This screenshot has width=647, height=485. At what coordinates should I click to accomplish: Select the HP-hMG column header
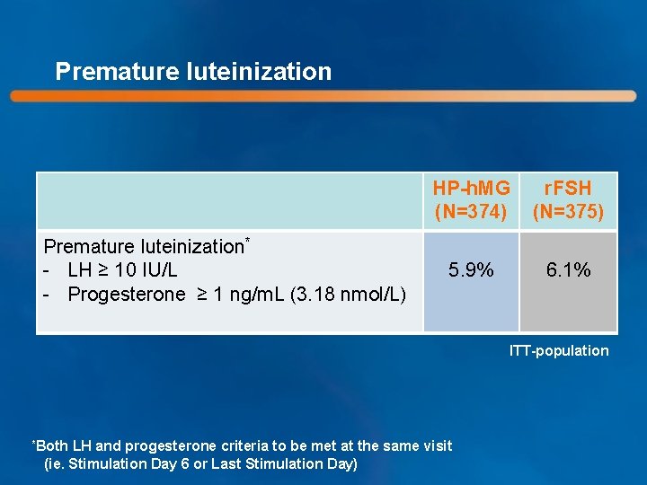click(x=471, y=189)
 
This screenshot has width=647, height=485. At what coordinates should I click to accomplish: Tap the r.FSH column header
click(x=568, y=189)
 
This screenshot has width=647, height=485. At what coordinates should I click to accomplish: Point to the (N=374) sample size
click(x=471, y=213)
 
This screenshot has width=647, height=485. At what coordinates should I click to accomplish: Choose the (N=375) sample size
click(x=568, y=213)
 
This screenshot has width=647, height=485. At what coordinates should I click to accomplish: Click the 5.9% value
click(x=471, y=269)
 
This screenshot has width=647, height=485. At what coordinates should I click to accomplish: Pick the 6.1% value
click(x=568, y=269)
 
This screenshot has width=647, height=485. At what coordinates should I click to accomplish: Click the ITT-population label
click(x=559, y=351)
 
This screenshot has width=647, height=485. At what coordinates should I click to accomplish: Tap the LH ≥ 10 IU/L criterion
click(x=122, y=269)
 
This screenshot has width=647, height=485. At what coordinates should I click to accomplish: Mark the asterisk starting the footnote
click(x=34, y=444)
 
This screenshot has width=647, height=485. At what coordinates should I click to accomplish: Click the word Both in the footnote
click(x=55, y=446)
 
